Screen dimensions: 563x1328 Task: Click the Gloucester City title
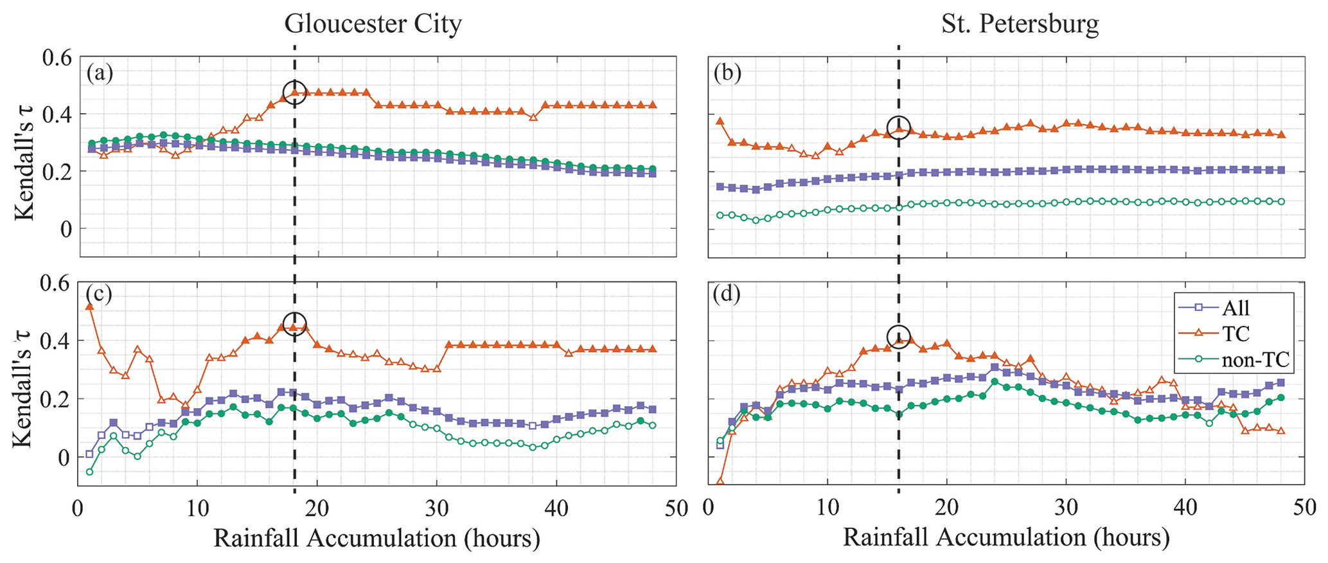(x=373, y=24)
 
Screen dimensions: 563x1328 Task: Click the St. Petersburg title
(x=1020, y=24)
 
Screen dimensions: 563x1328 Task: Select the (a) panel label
(x=100, y=73)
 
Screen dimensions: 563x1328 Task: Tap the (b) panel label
(x=727, y=73)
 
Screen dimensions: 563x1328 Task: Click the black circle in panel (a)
(x=295, y=93)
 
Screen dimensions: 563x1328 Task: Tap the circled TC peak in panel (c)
(x=295, y=324)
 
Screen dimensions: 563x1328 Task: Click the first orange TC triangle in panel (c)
(x=90, y=307)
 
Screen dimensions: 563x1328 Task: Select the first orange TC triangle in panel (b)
(x=720, y=121)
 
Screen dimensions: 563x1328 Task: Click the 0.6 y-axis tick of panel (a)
(x=58, y=58)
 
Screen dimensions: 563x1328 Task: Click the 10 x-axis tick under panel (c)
(x=198, y=508)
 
